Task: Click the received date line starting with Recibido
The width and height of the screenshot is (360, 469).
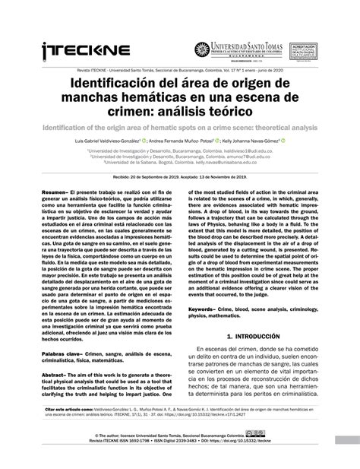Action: pyautogui.click(x=180, y=174)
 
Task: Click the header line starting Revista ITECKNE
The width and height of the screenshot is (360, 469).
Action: pyautogui.click(x=180, y=67)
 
